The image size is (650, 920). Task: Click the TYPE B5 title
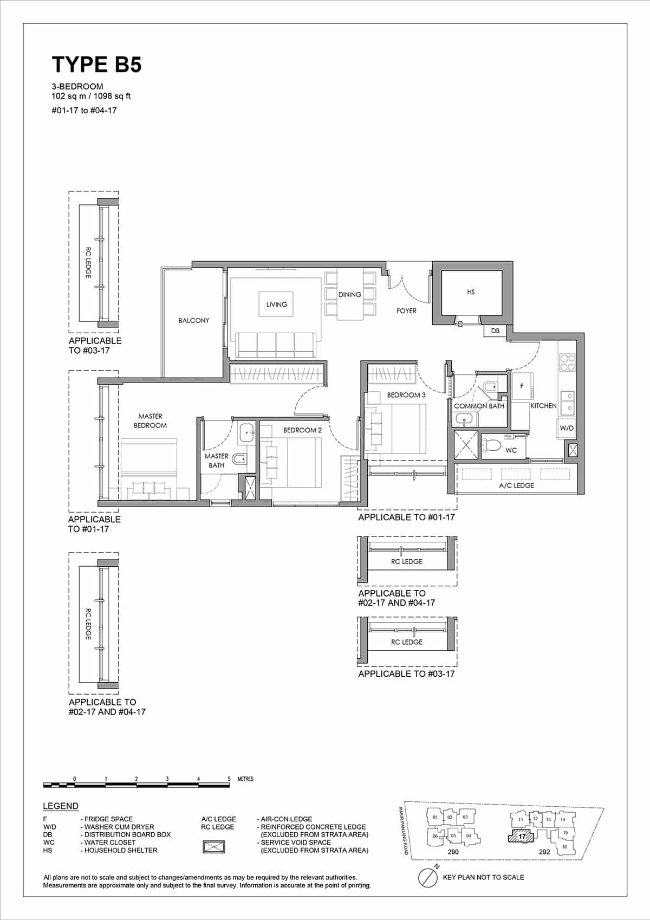[x=96, y=64]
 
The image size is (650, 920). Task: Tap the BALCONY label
[x=193, y=321]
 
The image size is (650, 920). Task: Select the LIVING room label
[x=276, y=304]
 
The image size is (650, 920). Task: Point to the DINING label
[x=349, y=295]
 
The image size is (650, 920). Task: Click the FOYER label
[x=406, y=311]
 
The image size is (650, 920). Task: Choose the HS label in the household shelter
[x=471, y=292]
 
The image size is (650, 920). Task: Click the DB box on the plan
[x=495, y=331]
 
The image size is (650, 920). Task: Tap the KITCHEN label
[x=543, y=406]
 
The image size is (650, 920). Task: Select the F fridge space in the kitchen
[x=522, y=386]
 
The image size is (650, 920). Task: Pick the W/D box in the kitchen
[x=567, y=428]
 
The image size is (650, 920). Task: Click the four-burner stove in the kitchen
[x=567, y=362]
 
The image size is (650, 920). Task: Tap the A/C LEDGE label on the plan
[x=516, y=485]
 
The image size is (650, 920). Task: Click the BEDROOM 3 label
[x=406, y=395]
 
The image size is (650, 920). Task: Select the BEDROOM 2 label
[x=302, y=430]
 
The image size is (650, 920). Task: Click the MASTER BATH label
[x=216, y=461]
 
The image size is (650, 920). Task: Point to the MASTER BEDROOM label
[x=150, y=421]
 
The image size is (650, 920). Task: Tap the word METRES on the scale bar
[x=245, y=779]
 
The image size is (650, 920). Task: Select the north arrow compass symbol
[x=428, y=877]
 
